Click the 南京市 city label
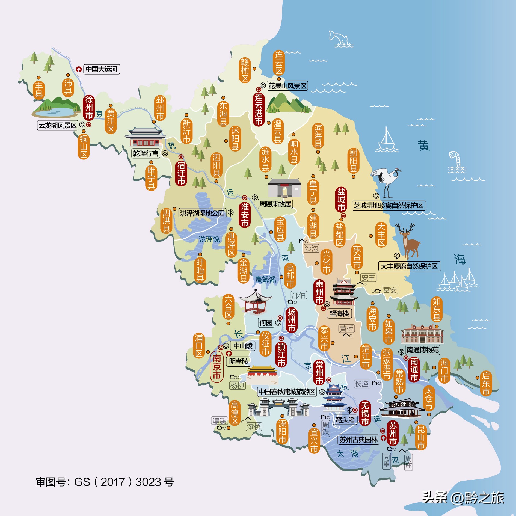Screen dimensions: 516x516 (217, 367)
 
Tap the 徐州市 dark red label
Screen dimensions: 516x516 (89, 108)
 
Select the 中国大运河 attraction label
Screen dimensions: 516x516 (101, 69)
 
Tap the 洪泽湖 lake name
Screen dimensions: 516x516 (209, 239)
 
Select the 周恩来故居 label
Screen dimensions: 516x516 (275, 204)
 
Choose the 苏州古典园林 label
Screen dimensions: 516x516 (358, 440)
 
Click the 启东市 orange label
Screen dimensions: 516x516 (486, 383)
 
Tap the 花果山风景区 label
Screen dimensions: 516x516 (287, 86)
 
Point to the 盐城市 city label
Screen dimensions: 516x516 (341, 199)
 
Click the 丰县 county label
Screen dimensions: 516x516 (39, 90)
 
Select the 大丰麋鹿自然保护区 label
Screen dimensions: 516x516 (409, 266)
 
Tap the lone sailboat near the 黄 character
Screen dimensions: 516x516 (386, 141)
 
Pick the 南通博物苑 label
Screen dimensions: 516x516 (423, 350)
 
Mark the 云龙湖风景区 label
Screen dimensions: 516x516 (58, 125)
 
